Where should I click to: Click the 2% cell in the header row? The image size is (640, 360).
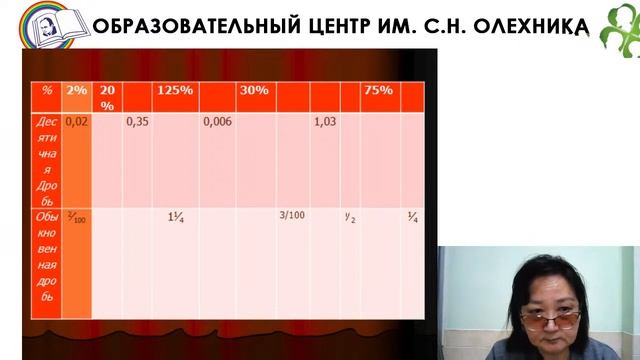click(x=76, y=91)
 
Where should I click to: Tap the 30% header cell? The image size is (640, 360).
click(x=253, y=91)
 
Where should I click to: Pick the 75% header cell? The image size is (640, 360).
click(x=378, y=91)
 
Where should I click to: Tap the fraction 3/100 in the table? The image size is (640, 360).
click(x=291, y=214)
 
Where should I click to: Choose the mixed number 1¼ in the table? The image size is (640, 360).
click(x=175, y=215)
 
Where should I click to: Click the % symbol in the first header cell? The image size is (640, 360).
click(x=46, y=91)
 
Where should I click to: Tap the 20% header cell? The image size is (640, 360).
click(x=108, y=97)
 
